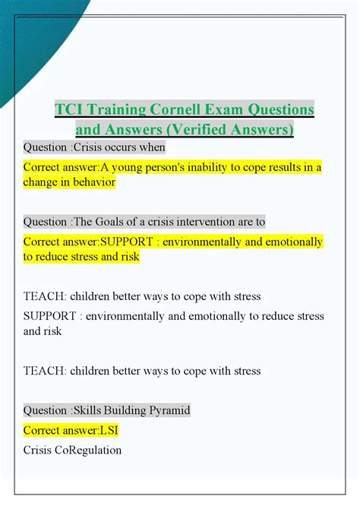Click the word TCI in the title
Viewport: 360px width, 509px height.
click(68, 109)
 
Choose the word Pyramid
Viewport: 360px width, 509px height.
click(168, 410)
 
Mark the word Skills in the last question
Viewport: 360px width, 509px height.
click(88, 410)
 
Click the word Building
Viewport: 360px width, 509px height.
click(125, 410)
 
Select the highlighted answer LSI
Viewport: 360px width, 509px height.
click(109, 431)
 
